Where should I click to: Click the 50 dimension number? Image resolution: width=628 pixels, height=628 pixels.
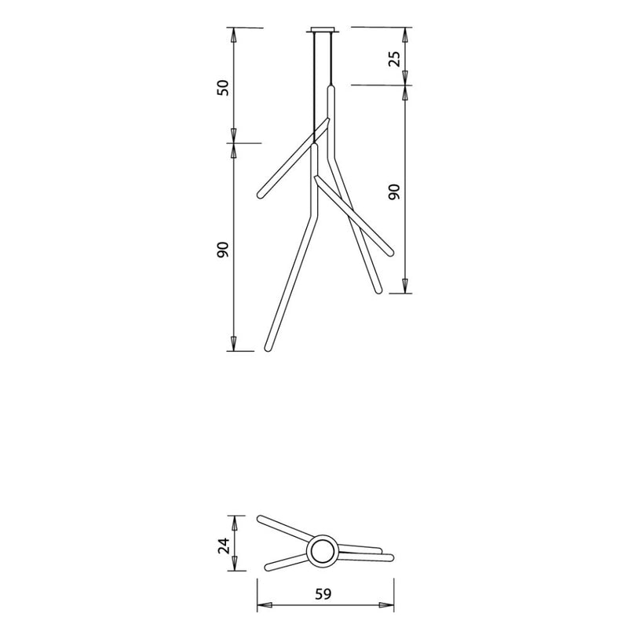pos(223,88)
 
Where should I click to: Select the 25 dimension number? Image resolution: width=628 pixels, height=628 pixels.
pos(394,59)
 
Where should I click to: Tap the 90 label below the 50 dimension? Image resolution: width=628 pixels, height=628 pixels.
pos(223,250)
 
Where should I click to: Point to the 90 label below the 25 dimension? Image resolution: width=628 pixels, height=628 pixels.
pos(394,192)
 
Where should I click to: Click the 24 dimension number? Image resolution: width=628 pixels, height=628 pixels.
pos(224,546)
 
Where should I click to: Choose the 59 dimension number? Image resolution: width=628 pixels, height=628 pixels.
pos(323,594)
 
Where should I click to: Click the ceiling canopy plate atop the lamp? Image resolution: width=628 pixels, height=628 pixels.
pos(323,30)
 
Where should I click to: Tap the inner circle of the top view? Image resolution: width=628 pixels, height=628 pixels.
pos(323,551)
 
